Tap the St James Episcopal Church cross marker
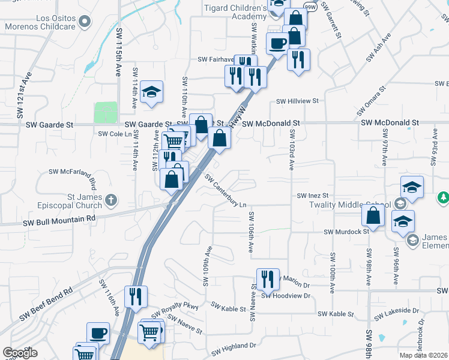click(x=110, y=199)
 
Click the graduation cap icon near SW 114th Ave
click(x=152, y=92)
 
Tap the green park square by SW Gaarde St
click(x=106, y=112)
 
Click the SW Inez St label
click(x=313, y=196)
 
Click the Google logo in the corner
click(x=20, y=353)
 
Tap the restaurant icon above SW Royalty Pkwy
click(x=136, y=296)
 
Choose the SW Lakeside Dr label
click(x=396, y=314)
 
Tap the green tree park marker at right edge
click(x=443, y=197)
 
